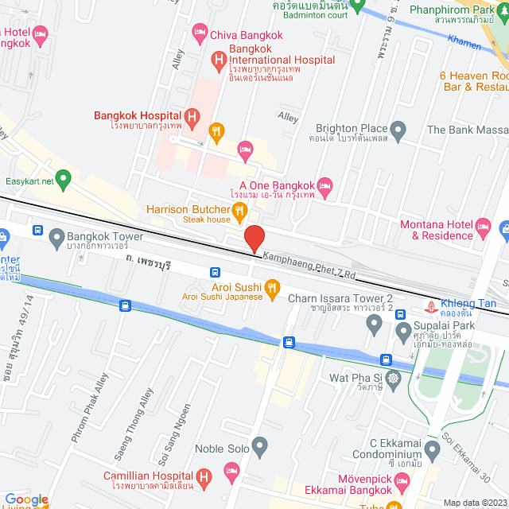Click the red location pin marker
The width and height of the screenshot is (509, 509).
click(254, 239)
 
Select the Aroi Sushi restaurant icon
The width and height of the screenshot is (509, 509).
click(272, 287)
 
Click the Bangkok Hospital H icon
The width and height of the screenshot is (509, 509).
click(191, 116)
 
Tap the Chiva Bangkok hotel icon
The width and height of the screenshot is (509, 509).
click(199, 34)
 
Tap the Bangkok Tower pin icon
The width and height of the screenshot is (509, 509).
click(56, 237)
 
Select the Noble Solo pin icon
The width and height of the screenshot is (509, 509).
click(258, 448)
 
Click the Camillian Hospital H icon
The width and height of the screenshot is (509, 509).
click(204, 479)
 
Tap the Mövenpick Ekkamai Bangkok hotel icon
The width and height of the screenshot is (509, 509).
click(402, 483)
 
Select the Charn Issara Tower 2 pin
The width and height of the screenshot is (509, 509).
click(375, 324)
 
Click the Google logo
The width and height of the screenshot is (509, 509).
click(25, 499)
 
